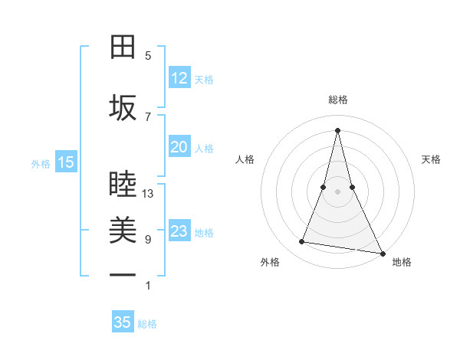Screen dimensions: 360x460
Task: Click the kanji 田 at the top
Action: [x=123, y=47]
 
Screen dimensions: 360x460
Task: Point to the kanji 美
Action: [x=123, y=230]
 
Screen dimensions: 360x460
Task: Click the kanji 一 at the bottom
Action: [x=123, y=275]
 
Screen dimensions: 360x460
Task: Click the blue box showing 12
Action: [x=179, y=77]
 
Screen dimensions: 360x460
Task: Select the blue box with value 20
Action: [x=179, y=147]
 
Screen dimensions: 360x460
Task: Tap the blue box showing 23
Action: [x=179, y=231]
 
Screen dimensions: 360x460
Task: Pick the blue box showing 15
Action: [x=65, y=162]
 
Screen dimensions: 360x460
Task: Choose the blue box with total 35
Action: [x=123, y=322]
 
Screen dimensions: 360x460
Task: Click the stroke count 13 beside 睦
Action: [x=148, y=194]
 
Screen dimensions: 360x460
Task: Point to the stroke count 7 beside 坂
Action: [x=148, y=116]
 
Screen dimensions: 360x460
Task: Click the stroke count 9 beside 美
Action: [x=148, y=240]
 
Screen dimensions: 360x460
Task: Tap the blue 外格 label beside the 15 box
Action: [x=41, y=163]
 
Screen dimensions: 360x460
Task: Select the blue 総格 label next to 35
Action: [x=147, y=324]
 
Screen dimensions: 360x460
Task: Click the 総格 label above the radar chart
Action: [x=337, y=100]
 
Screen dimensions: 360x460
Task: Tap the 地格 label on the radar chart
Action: [x=402, y=262]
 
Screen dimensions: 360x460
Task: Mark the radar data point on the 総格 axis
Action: [x=337, y=129]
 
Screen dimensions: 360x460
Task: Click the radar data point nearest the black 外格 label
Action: [x=302, y=242]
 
